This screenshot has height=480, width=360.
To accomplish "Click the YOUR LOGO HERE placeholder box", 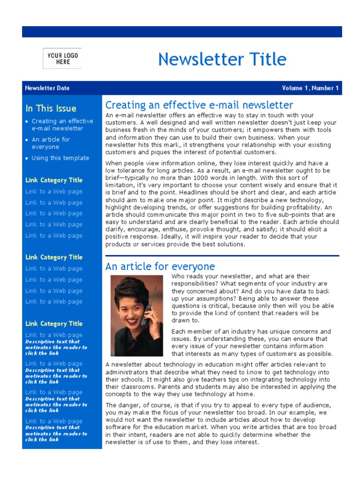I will pyautogui.click(x=62, y=59).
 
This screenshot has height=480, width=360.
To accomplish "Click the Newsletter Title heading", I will pyautogui.click(x=222, y=60).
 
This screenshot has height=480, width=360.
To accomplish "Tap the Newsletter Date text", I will pyautogui.click(x=47, y=88).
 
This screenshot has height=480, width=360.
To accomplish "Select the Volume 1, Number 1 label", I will pyautogui.click(x=310, y=88).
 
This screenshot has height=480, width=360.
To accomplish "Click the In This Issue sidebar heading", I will pyautogui.click(x=51, y=108).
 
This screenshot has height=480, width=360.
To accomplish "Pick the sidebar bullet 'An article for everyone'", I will pyautogui.click(x=51, y=143).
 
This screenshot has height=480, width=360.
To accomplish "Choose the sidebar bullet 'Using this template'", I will pyautogui.click(x=60, y=158).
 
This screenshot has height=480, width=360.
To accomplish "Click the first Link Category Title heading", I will pyautogui.click(x=54, y=180).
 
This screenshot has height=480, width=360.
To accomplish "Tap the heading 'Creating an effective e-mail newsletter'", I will pyautogui.click(x=199, y=105).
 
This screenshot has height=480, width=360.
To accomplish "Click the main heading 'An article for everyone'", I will pyautogui.click(x=160, y=267).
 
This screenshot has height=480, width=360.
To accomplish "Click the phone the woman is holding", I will pyautogui.click(x=146, y=315).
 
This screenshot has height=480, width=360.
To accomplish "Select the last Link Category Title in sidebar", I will pyautogui.click(x=54, y=323).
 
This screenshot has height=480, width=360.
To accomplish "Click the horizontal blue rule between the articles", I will pyautogui.click(x=222, y=256).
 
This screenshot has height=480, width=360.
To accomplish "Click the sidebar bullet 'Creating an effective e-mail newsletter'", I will pyautogui.click(x=62, y=125).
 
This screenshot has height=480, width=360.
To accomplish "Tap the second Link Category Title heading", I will pyautogui.click(x=54, y=257).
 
